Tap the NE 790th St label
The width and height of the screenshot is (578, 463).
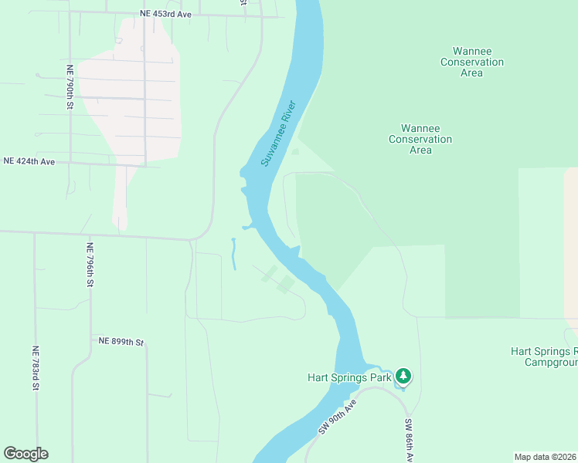coord(70,87)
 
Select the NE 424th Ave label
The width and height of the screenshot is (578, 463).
coord(29,161)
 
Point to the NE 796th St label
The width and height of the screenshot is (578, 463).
coord(90,265)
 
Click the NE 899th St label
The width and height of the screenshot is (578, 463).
coord(121,341)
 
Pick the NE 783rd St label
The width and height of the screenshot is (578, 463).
coord(36,367)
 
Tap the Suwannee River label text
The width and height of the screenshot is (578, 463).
coord(278,133)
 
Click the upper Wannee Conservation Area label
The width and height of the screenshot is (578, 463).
coord(471,62)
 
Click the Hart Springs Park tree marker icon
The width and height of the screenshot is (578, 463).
coord(403,377)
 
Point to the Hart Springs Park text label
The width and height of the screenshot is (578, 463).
coord(349,377)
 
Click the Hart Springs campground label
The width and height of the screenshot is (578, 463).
coord(544,356)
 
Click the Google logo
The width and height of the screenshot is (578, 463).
coord(25,454)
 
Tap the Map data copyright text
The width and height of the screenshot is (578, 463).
coord(546,457)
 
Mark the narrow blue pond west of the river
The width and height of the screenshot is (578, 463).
coord(233,254)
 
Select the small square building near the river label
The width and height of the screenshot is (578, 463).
coord(295,151)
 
